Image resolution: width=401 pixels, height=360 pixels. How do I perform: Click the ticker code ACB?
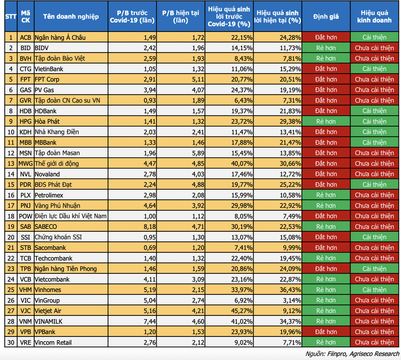click(26, 37)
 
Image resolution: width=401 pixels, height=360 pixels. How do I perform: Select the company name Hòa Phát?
click(48, 121)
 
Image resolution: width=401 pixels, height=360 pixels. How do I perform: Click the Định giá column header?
click(326, 17)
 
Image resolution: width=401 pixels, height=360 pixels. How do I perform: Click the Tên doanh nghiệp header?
click(71, 17)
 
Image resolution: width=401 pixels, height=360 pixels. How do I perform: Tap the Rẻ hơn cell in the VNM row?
click(326, 321)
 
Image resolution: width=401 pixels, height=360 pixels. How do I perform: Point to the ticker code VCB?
click(26, 279)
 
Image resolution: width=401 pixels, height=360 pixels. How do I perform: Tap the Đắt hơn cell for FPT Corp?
click(326, 79)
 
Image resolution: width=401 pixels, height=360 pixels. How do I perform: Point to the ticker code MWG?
click(26, 163)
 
